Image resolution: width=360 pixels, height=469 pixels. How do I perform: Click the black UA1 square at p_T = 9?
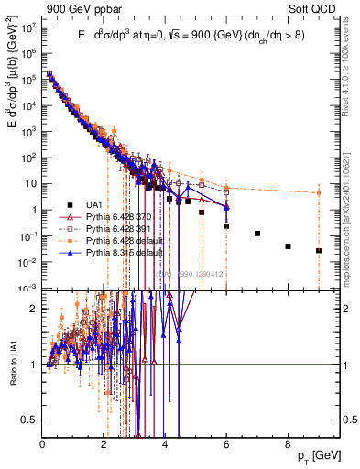point(319,250)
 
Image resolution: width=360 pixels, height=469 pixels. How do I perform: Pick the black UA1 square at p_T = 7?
point(257,234)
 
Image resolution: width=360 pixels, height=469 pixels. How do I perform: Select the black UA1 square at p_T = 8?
point(288,246)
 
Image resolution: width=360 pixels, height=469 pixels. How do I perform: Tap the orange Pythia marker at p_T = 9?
point(319,192)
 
